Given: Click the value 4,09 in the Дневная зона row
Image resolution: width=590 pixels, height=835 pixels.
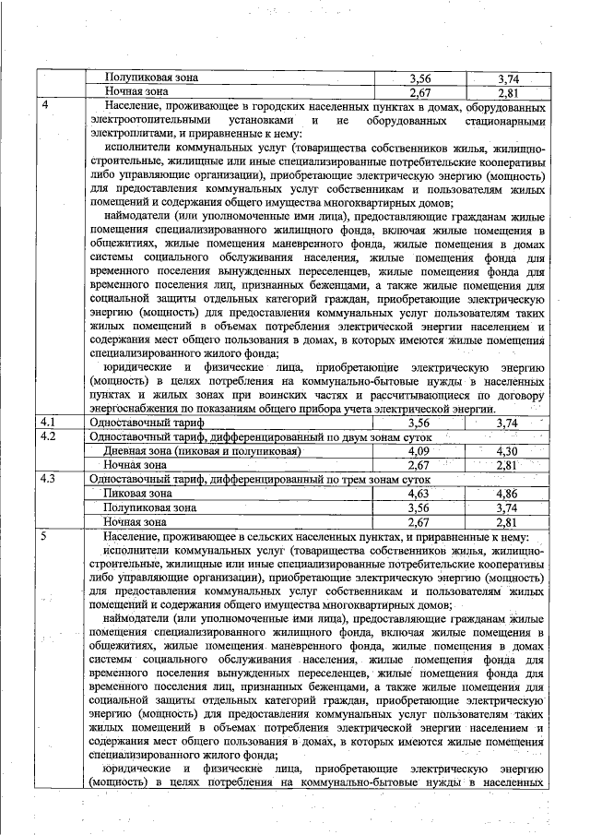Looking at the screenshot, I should point(419,450).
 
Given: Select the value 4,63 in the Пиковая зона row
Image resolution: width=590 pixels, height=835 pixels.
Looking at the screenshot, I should point(419,494).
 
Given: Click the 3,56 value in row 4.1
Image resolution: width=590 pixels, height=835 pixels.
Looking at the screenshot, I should point(419,422).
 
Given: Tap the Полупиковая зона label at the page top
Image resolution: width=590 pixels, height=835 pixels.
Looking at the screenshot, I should point(151,78).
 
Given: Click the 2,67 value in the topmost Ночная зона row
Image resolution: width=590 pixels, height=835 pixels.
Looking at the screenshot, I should point(419,92).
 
